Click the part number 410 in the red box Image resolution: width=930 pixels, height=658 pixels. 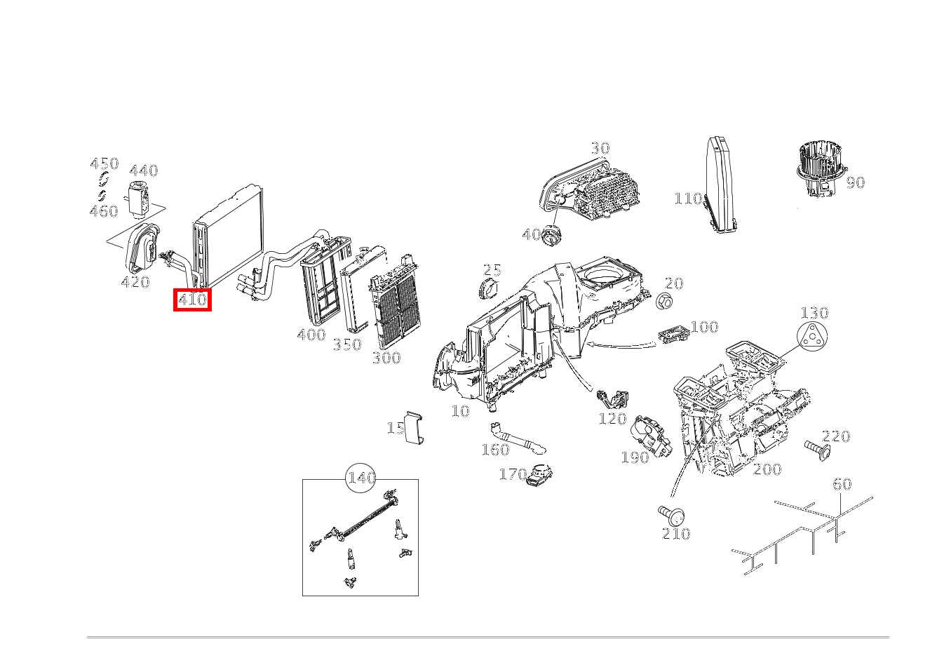click(192, 300)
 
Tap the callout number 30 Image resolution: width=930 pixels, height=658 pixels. click(600, 148)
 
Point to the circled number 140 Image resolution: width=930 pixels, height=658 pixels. click(360, 478)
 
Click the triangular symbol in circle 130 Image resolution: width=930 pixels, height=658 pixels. click(812, 336)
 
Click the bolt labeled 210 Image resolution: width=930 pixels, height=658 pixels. click(671, 516)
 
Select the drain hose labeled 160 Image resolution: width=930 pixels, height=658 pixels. click(518, 439)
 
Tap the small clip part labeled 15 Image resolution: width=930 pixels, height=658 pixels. click(414, 428)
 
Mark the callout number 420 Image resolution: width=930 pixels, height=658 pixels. click(135, 282)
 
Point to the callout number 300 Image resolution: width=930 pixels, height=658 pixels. click(386, 358)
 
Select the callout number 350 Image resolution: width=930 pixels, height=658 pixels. click(347, 344)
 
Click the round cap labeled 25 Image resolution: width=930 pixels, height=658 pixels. click(488, 288)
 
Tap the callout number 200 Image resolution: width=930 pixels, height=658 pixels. click(767, 469)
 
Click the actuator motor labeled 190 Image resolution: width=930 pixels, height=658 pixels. click(651, 436)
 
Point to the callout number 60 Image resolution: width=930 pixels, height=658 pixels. click(842, 484)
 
